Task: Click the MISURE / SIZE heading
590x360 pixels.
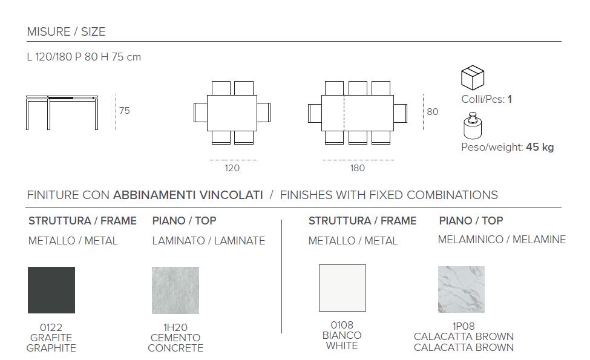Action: tap(66, 31)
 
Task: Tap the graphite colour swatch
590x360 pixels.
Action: tap(51, 290)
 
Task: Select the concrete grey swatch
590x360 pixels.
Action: tap(175, 290)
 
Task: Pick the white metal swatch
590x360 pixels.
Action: tap(343, 288)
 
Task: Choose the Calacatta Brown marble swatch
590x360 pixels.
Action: tap(461, 290)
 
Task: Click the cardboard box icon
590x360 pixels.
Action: tap(473, 77)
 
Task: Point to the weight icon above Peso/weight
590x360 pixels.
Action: tap(472, 126)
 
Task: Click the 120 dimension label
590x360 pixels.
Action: tap(232, 168)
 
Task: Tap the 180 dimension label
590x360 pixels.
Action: tap(358, 168)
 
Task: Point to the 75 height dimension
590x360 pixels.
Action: tap(125, 111)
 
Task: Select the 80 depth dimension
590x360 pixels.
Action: tap(433, 112)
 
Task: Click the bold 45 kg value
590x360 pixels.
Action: tap(540, 147)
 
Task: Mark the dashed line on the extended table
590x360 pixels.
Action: tap(344, 113)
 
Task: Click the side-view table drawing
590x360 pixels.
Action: tap(62, 113)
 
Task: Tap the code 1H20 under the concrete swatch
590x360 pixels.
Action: tap(175, 328)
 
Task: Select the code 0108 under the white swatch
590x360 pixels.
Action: tap(342, 325)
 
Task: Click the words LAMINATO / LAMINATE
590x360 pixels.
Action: tap(209, 241)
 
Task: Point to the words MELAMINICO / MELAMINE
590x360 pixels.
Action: tap(502, 240)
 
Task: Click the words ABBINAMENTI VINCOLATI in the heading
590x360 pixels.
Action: tap(188, 195)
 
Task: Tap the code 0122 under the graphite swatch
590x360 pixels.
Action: tap(51, 328)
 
